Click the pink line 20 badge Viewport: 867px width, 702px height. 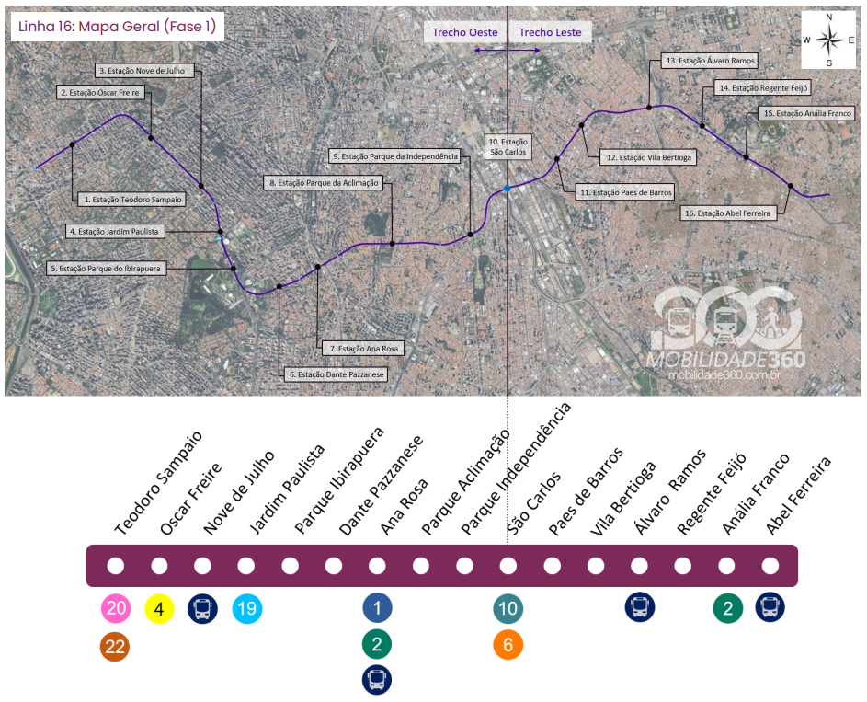(116, 608)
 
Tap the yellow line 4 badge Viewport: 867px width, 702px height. (159, 608)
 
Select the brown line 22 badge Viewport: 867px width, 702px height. (116, 648)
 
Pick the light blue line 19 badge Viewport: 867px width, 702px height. (246, 608)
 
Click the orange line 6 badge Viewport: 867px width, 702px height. (508, 646)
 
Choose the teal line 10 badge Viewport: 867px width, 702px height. (508, 608)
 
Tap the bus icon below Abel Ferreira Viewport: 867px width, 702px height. (770, 606)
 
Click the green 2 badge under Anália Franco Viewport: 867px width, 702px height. (727, 608)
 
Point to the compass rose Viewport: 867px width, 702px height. (828, 40)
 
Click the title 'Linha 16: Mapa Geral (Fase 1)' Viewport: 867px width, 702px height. (117, 27)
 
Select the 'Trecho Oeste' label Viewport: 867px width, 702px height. (465, 32)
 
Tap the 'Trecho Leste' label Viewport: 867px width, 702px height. (550, 32)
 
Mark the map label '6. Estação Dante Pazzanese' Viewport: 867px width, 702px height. (336, 374)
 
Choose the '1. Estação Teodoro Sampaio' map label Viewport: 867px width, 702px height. (132, 199)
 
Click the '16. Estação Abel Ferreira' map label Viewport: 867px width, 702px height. (728, 213)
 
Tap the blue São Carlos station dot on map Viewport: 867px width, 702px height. (508, 189)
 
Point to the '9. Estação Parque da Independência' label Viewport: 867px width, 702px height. (394, 156)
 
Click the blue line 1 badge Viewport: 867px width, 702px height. (377, 608)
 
